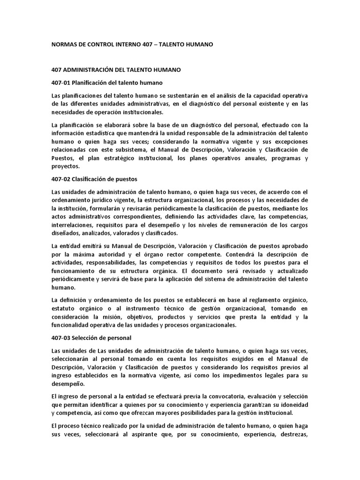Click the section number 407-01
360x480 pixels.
click(61, 83)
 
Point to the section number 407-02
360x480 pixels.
click(61, 179)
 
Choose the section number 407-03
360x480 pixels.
click(61, 338)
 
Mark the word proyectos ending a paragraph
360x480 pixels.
click(66, 166)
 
